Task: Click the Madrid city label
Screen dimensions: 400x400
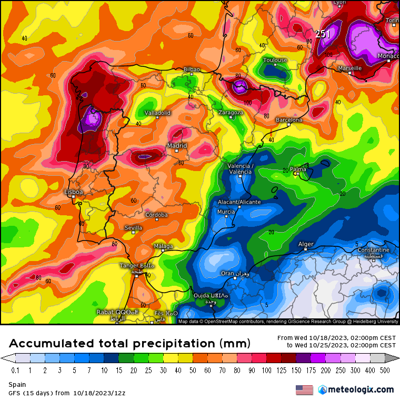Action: click(176, 146)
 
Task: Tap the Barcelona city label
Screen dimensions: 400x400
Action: click(289, 120)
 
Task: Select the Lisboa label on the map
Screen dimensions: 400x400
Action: click(73, 192)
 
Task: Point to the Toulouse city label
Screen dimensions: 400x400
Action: click(275, 60)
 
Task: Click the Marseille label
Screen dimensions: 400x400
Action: click(349, 68)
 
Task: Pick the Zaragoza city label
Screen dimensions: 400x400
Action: click(231, 113)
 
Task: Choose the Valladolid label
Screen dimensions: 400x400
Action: click(157, 113)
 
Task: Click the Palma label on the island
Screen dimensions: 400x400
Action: click(298, 169)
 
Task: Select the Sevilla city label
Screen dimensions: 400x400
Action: click(133, 227)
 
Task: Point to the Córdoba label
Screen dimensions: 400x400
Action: click(156, 215)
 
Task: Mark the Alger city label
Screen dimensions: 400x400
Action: click(306, 244)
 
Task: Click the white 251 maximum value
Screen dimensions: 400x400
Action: click(323, 34)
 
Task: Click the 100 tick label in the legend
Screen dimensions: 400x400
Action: click(269, 370)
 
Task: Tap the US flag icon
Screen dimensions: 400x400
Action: click(304, 389)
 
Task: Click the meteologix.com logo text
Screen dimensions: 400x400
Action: click(361, 389)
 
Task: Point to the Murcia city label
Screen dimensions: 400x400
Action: click(226, 212)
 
